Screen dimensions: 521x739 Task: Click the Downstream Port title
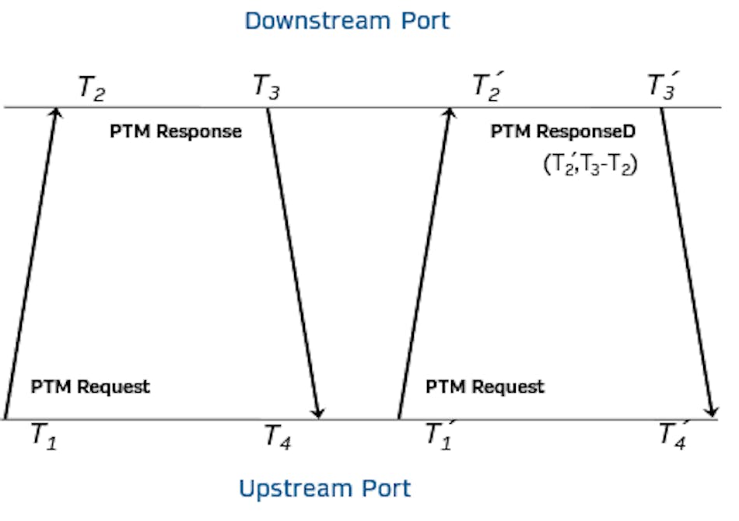pos(347,20)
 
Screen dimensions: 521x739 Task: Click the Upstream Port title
pos(324,488)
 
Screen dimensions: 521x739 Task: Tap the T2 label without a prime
pos(91,88)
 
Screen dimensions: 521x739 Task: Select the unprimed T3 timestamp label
pos(266,86)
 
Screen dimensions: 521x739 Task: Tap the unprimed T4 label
pos(278,436)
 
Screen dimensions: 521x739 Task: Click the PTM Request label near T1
pos(90,386)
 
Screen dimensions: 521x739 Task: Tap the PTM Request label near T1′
pos(485,386)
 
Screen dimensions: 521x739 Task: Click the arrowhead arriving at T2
pos(55,114)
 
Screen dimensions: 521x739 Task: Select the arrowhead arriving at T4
pos(318,411)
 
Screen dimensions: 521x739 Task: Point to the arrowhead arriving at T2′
pos(449,114)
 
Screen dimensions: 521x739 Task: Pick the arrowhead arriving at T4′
pos(711,411)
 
